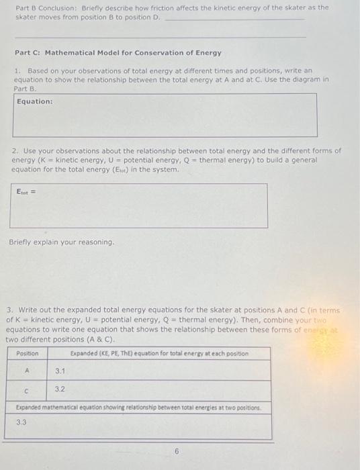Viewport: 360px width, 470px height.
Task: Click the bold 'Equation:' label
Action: (35, 101)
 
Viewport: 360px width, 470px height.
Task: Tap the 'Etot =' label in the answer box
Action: (28, 192)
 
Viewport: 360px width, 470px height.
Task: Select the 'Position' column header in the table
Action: (28, 354)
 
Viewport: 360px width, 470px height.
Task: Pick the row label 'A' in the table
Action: (28, 369)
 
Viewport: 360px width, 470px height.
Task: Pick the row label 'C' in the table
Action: (27, 390)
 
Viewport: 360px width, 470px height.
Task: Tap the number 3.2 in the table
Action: (60, 388)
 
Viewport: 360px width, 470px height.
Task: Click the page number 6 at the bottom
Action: (177, 452)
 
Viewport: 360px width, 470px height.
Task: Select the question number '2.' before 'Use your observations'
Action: (15, 151)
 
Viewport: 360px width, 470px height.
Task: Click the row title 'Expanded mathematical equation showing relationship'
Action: (138, 408)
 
